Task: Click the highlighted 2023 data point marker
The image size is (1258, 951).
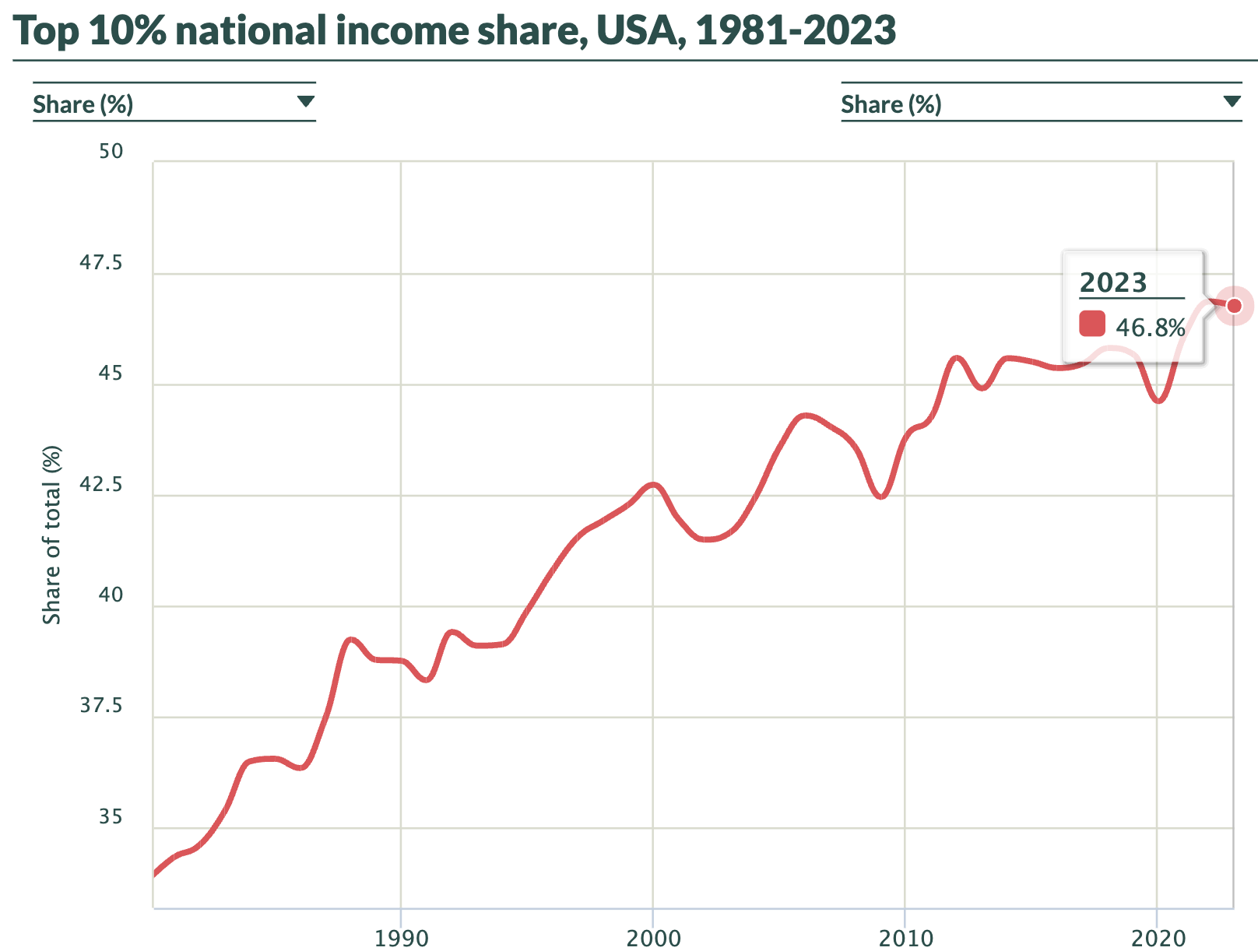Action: [1234, 305]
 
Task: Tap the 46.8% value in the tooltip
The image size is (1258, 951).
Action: [1151, 328]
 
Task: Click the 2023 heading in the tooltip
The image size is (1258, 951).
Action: [1113, 282]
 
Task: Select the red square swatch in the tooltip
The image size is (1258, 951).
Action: [1092, 324]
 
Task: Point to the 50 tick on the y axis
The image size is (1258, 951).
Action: [111, 151]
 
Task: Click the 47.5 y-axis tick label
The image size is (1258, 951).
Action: [101, 263]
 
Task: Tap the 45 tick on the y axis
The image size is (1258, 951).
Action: [111, 374]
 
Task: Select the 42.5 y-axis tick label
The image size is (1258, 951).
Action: [101, 485]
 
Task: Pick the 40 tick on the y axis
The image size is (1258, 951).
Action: [111, 595]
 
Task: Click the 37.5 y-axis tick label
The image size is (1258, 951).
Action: [101, 706]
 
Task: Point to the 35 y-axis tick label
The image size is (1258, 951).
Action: [111, 817]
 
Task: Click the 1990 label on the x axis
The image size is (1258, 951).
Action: [401, 938]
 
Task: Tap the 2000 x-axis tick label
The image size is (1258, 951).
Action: [653, 938]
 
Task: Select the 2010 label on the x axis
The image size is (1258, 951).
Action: [905, 938]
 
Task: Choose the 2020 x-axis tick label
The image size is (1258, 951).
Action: [1158, 938]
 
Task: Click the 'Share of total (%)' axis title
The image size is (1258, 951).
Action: [51, 535]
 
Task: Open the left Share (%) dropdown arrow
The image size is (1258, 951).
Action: [306, 101]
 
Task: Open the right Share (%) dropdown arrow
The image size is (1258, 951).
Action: [1232, 101]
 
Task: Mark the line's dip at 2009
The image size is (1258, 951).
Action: [880, 497]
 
